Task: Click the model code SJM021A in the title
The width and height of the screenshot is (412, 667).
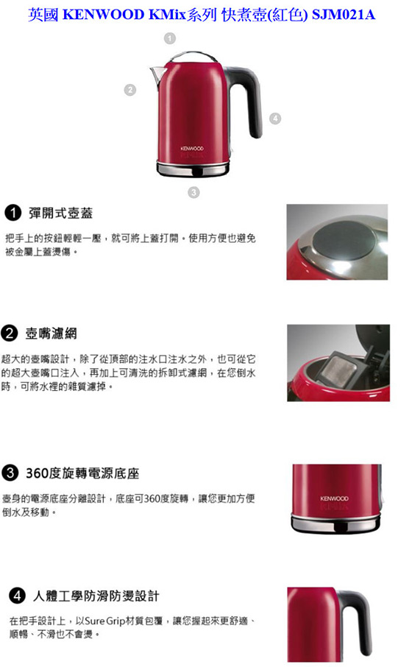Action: [x=344, y=15]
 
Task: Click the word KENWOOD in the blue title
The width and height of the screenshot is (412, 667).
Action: [x=103, y=15]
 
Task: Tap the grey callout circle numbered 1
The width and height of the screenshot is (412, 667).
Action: [x=170, y=39]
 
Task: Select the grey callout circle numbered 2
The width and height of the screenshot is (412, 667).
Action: [x=130, y=90]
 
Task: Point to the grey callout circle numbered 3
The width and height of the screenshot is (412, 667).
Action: [x=194, y=192]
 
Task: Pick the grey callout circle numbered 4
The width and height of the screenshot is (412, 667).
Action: [x=275, y=119]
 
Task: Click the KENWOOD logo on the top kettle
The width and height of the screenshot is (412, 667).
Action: [x=192, y=149]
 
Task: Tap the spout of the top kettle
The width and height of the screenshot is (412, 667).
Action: [x=157, y=75]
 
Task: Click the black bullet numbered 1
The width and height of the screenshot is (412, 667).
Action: [x=13, y=213]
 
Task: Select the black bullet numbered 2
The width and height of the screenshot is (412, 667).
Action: [x=10, y=333]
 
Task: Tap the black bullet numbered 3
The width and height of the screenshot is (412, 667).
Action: [x=10, y=473]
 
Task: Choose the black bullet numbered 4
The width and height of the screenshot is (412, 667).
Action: [x=17, y=595]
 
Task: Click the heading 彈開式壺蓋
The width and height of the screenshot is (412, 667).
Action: [x=61, y=213]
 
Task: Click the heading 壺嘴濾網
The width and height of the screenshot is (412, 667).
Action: [x=51, y=333]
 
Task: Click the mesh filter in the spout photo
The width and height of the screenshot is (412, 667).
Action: [x=335, y=367]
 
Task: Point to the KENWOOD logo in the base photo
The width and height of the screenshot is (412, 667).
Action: [x=334, y=498]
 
